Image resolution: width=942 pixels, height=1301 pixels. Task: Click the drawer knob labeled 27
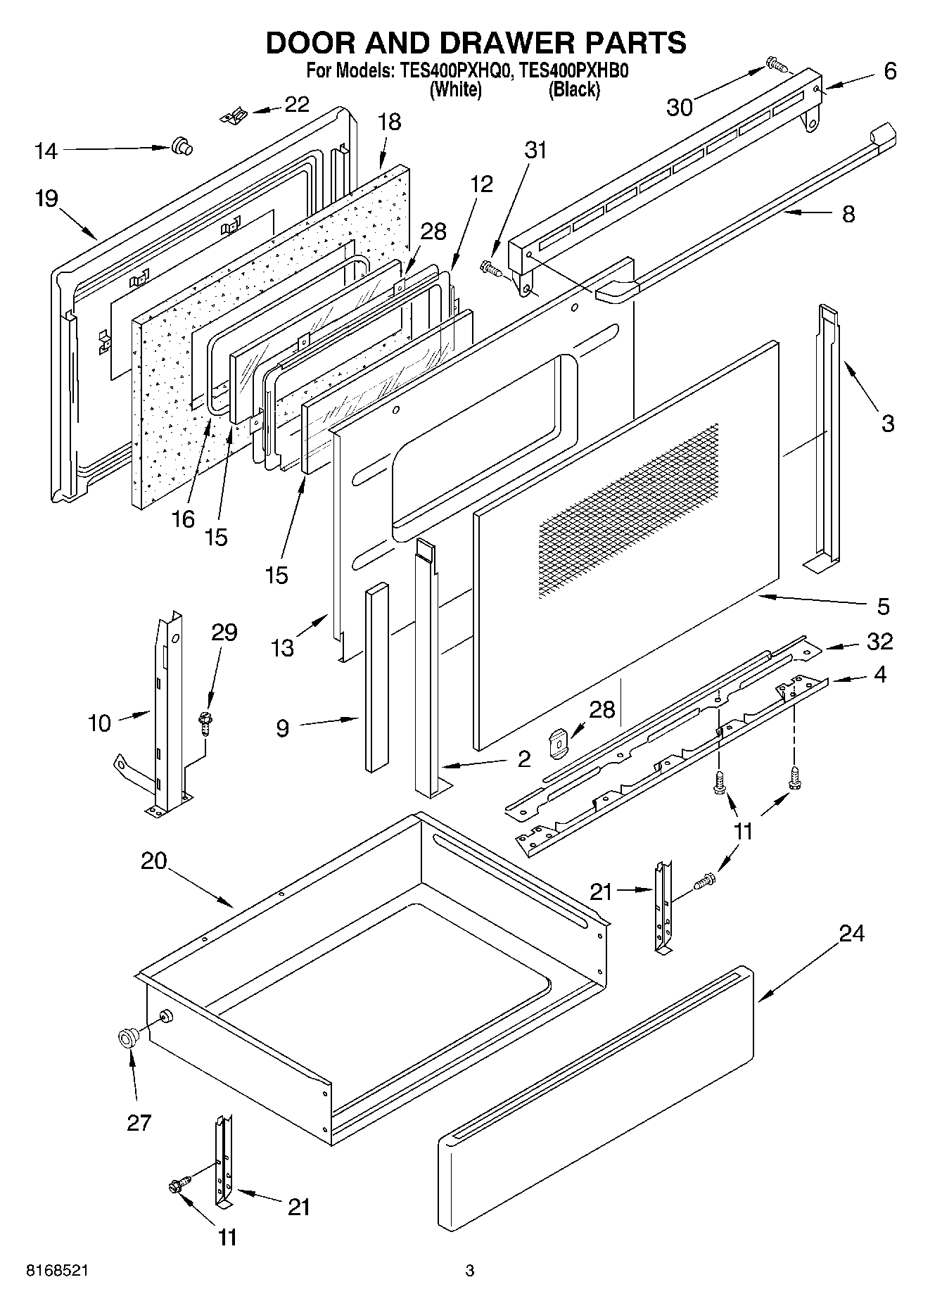pyautogui.click(x=128, y=1038)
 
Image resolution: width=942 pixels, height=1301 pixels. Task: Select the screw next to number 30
pyautogui.click(x=777, y=65)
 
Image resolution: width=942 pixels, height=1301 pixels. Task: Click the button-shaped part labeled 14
pyautogui.click(x=182, y=146)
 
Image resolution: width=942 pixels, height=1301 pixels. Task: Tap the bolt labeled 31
pyautogui.click(x=490, y=268)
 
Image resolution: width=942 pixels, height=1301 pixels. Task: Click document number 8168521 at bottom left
pyautogui.click(x=58, y=1271)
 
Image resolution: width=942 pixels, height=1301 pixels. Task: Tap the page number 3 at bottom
pyautogui.click(x=469, y=1271)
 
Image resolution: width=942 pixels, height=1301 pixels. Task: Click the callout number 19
pyautogui.click(x=46, y=199)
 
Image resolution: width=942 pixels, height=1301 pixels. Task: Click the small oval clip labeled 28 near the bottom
pyautogui.click(x=558, y=743)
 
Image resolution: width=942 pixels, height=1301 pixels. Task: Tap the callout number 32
pyautogui.click(x=880, y=641)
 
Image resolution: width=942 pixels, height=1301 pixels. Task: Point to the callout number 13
pyautogui.click(x=283, y=647)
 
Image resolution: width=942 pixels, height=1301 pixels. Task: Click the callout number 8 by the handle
pyautogui.click(x=848, y=214)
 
